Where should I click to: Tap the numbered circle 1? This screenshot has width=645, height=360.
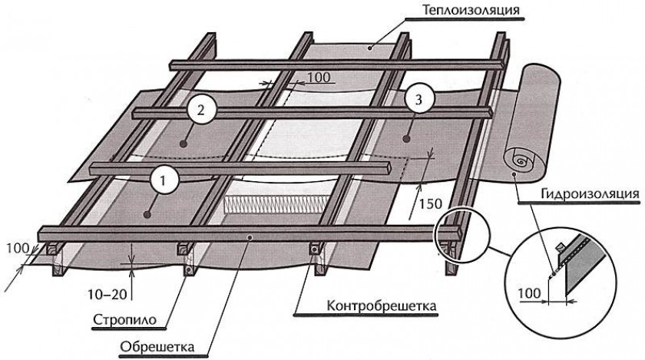pos(164,180)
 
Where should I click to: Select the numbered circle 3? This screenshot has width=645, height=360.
pos(417,100)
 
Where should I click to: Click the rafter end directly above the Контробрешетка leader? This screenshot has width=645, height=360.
pos(316,253)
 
